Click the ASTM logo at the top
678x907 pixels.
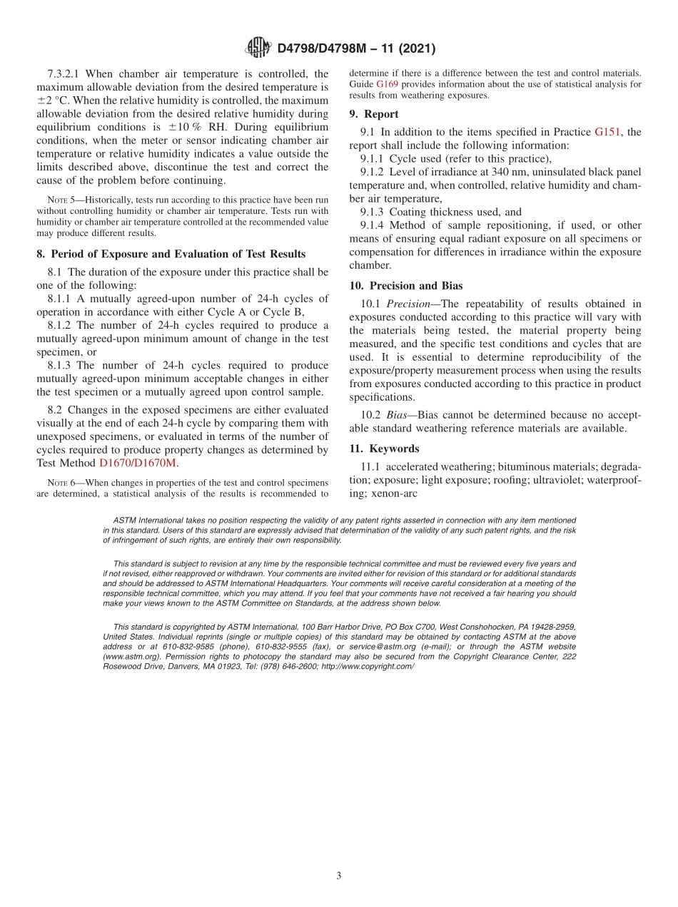[x=258, y=48]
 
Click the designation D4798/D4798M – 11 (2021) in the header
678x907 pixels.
[x=355, y=48]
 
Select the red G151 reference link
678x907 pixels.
[x=608, y=132]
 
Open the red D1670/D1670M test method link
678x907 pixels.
[x=138, y=463]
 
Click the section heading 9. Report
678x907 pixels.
[x=373, y=114]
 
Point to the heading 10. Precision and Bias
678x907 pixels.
[x=405, y=286]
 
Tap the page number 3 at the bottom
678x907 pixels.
[x=339, y=876]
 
